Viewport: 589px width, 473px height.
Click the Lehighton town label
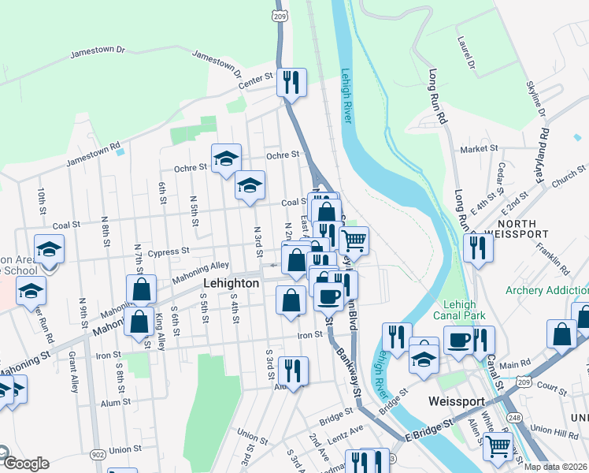pos(232,283)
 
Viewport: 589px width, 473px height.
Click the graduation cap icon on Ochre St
pos(226,158)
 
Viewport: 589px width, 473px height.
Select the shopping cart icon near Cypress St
pos(354,240)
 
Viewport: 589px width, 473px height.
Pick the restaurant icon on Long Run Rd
pos(478,247)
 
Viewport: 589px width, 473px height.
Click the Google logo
pos(25,464)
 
